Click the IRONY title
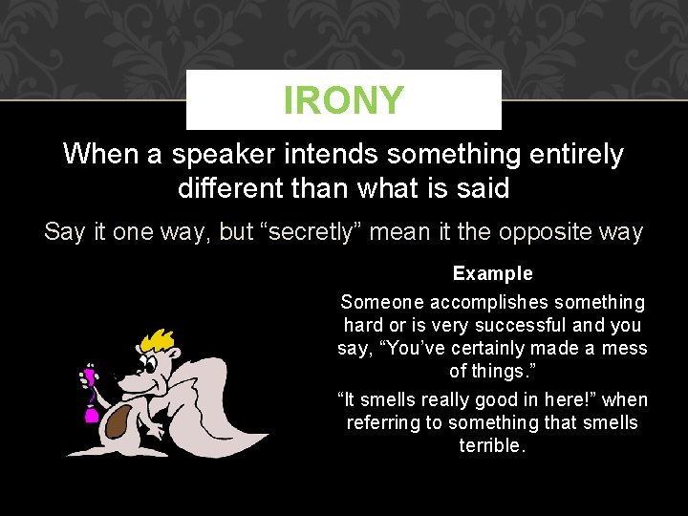tap(343, 100)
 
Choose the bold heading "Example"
tap(492, 273)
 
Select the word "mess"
tap(625, 349)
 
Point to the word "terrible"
tap(492, 446)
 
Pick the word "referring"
tap(385, 422)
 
